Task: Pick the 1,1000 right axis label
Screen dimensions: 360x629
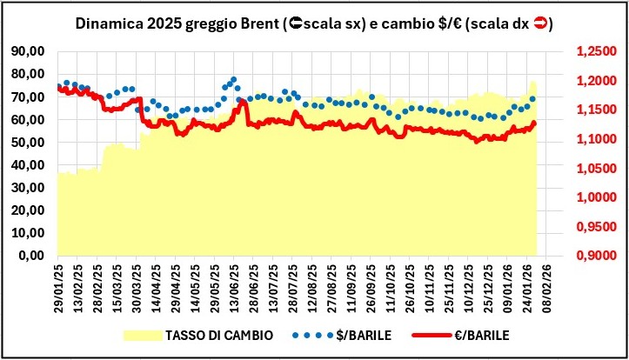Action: (600, 139)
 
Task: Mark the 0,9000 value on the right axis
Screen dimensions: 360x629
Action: (600, 256)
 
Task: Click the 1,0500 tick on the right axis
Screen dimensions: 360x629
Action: (600, 168)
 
